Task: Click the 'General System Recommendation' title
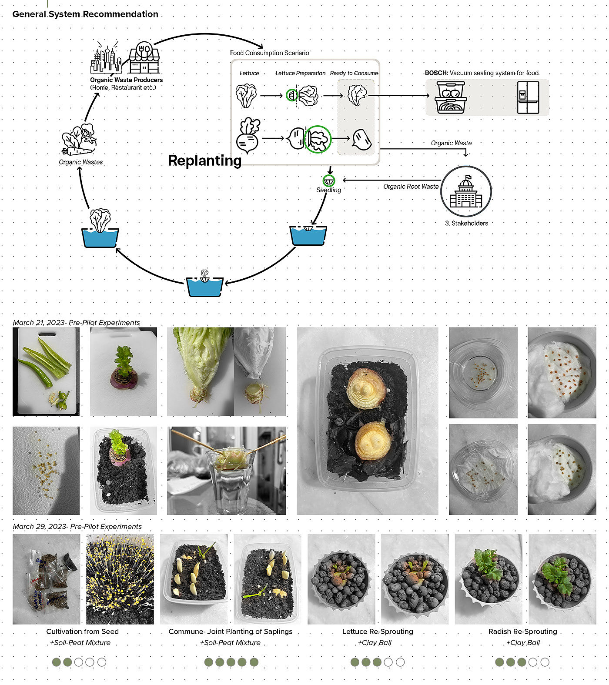pos(85,14)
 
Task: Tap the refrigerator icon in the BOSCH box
pos(528,97)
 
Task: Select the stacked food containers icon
pos(451,97)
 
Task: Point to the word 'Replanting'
pos(204,160)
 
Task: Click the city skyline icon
pos(105,59)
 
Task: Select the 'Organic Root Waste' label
pos(411,187)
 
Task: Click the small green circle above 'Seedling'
pos(329,180)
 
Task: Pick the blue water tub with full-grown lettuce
pos(100,230)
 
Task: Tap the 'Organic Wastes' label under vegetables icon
pos(81,162)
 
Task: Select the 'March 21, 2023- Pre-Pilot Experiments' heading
pos(77,323)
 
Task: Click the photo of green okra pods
pos(46,371)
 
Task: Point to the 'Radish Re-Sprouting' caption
pos(522,632)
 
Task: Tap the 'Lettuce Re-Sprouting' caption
pos(378,632)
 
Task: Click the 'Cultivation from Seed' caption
pos(82,632)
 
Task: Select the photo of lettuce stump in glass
pos(227,471)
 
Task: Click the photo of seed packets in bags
pos(47,579)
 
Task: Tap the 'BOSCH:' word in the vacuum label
pos(436,73)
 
